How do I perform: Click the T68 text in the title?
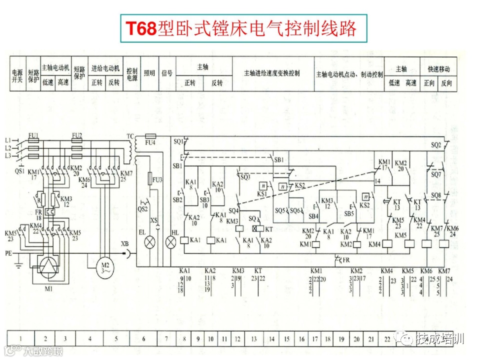point(140,28)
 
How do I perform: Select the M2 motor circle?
point(105,265)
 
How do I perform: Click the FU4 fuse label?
point(149,142)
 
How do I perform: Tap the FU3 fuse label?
point(157,179)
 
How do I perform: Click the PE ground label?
point(8,253)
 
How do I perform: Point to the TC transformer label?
point(130,136)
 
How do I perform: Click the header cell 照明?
point(149,73)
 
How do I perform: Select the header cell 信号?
point(167,73)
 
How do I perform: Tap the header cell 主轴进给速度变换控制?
point(272,73)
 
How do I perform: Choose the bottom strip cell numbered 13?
point(254,338)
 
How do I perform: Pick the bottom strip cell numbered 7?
point(166,338)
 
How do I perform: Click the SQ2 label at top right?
point(436,145)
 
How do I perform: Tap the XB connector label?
point(124,244)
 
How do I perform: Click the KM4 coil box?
point(374,244)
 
